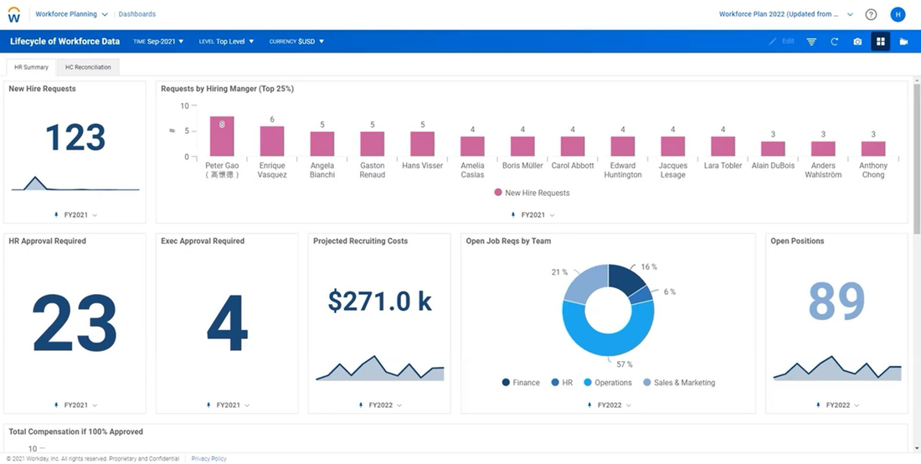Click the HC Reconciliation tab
click(x=88, y=67)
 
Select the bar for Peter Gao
click(x=222, y=137)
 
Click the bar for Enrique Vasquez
click(x=272, y=142)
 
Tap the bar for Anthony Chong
click(x=873, y=149)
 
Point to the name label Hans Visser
click(x=422, y=166)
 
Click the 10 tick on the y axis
click(x=184, y=106)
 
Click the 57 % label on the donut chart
click(x=625, y=364)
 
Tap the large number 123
click(x=75, y=138)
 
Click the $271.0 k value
click(x=379, y=301)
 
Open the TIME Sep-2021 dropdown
click(x=159, y=41)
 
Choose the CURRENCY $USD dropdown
click(x=296, y=41)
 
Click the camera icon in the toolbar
click(x=857, y=41)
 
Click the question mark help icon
click(x=871, y=14)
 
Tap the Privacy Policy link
click(x=208, y=459)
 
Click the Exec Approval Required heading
click(x=203, y=241)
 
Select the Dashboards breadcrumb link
click(x=136, y=14)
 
